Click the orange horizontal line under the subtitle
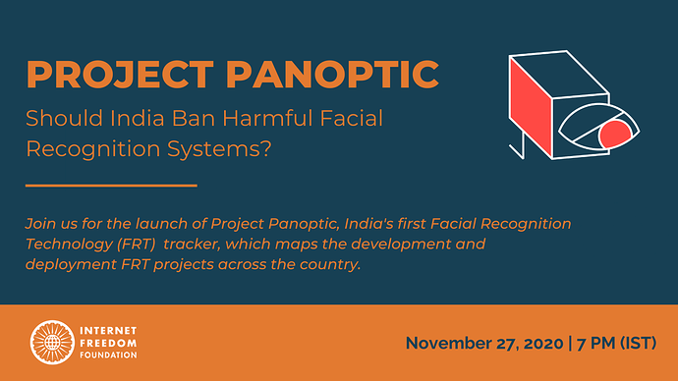coord(110,185)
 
